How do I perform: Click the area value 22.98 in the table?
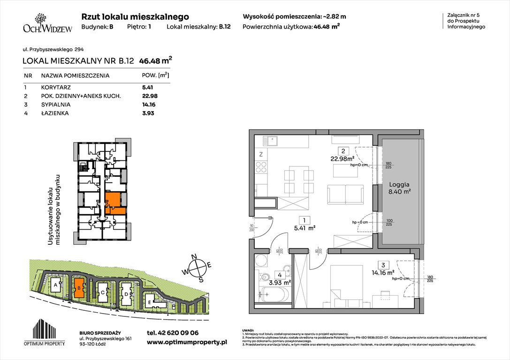pos(149,96)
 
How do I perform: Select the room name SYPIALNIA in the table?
pos(55,105)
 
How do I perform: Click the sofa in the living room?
pos(345,193)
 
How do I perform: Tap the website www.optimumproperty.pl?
pos(187,343)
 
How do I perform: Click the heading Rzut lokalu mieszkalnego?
pos(135,16)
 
